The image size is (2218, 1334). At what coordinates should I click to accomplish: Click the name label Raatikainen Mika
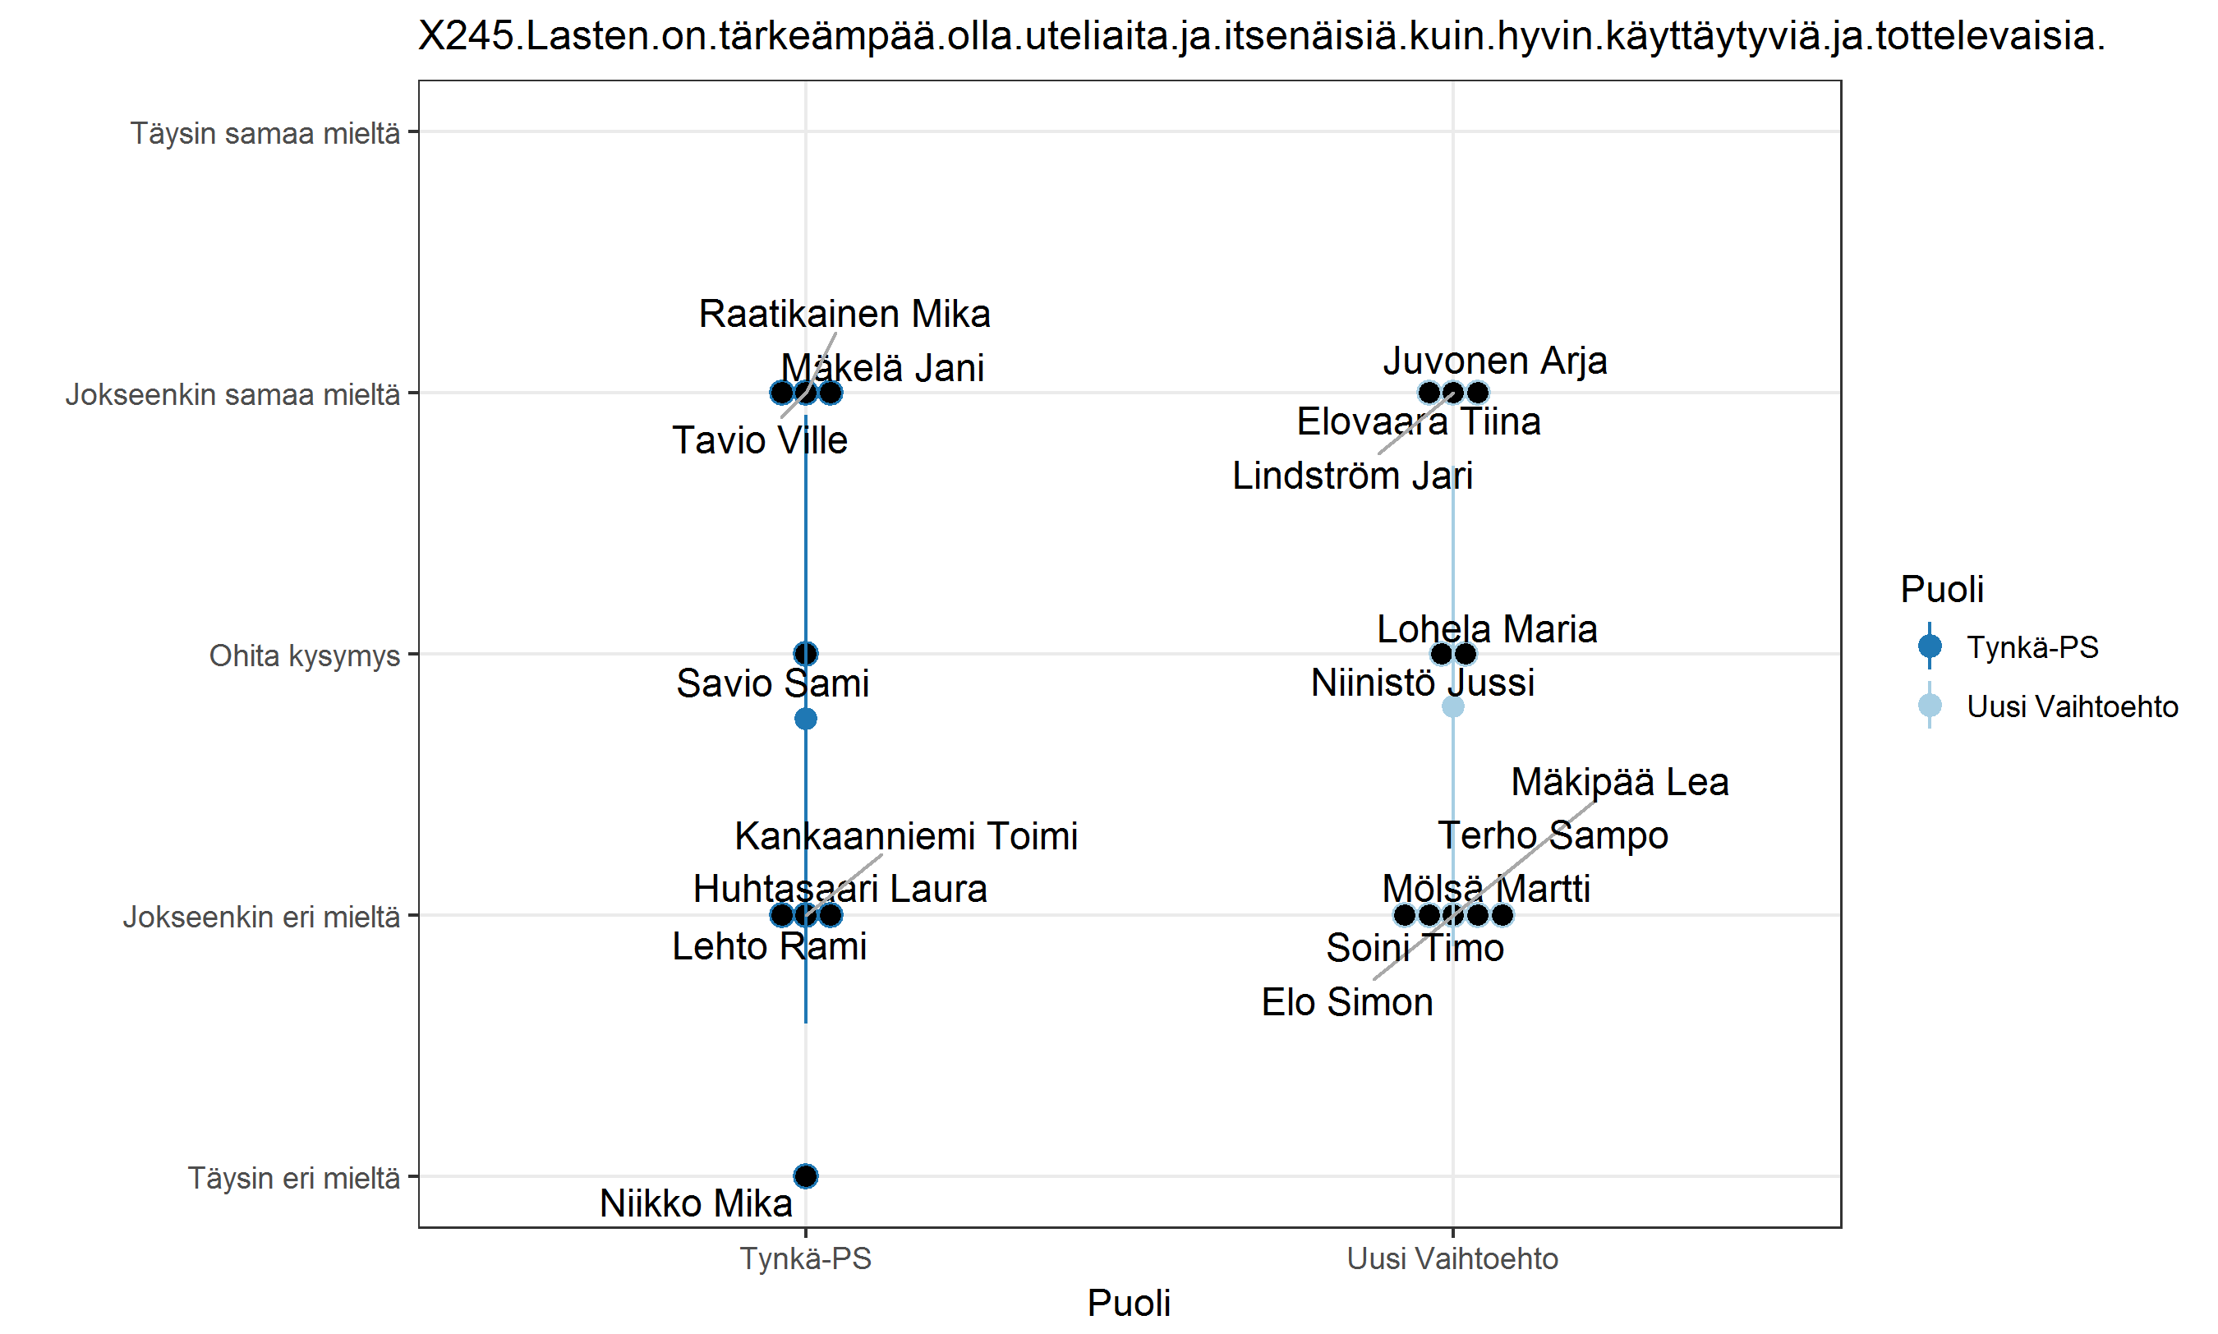click(844, 315)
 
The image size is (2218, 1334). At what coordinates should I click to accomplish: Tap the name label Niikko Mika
click(696, 1203)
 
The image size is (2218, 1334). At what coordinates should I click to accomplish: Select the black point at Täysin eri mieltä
click(805, 1175)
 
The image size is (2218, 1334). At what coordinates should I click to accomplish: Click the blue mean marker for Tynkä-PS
click(805, 719)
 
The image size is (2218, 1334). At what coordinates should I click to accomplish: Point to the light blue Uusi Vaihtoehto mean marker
click(1452, 706)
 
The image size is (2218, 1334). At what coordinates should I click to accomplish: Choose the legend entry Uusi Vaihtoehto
click(2072, 706)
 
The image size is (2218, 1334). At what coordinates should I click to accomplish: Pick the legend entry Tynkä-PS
click(2031, 647)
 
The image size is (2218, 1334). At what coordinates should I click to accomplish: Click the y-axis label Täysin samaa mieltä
click(265, 133)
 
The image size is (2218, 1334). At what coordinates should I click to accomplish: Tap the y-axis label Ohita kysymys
click(305, 655)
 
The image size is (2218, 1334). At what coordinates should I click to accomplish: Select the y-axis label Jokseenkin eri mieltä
click(261, 917)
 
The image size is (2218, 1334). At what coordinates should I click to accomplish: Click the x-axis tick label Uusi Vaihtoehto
click(1452, 1258)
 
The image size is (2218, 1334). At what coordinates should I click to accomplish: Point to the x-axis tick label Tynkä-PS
click(805, 1258)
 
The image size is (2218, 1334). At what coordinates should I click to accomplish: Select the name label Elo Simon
click(1347, 1002)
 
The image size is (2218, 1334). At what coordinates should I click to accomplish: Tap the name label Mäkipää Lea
click(1619, 782)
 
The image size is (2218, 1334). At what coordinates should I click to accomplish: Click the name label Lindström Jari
click(1351, 476)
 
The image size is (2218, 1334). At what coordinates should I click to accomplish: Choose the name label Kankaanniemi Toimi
click(906, 836)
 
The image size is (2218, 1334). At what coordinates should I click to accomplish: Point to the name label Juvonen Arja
click(1494, 361)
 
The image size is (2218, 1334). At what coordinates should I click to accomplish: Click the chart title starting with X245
click(1262, 36)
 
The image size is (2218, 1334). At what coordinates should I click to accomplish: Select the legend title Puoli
click(1941, 590)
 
